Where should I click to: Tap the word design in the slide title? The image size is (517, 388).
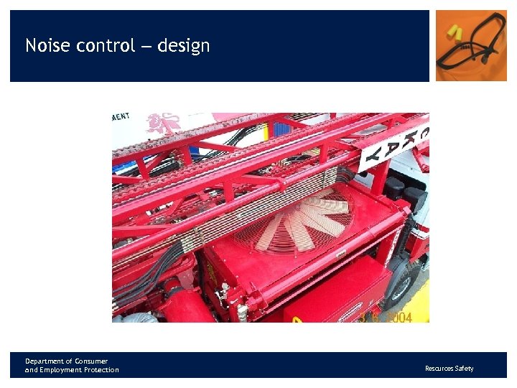[x=184, y=46]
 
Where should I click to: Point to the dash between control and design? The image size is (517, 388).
[x=146, y=47]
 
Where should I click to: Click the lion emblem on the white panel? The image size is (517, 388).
[x=163, y=124]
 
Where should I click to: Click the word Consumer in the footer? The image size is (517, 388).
[x=92, y=361]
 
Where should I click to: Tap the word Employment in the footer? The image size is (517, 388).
[x=62, y=370]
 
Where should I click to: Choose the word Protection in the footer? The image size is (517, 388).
[x=101, y=370]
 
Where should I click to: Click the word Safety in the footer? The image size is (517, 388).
[x=465, y=369]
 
